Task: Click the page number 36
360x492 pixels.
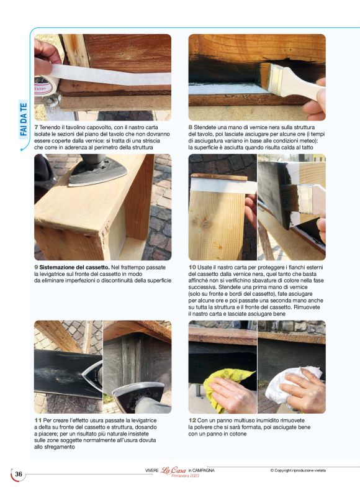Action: [x=19, y=475]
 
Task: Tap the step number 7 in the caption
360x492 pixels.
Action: [x=36, y=127]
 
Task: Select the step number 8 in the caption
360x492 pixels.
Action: [x=191, y=127]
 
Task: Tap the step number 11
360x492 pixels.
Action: [x=38, y=421]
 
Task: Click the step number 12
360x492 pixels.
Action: [x=192, y=421]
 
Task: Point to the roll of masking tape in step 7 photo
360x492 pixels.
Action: [x=47, y=87]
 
